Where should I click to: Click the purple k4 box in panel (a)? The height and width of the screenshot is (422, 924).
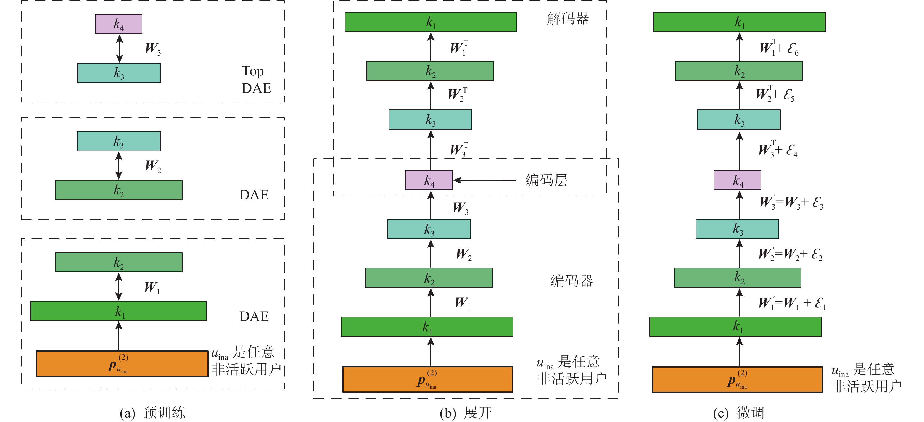(x=118, y=24)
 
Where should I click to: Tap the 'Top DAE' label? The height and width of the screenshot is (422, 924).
(x=256, y=80)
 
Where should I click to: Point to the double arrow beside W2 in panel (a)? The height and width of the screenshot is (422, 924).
(x=119, y=165)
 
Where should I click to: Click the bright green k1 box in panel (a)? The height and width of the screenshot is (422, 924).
(x=118, y=311)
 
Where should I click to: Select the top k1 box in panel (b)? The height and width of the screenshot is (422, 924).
(x=431, y=22)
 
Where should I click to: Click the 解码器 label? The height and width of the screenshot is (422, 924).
(x=568, y=19)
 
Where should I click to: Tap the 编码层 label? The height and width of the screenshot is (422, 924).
(x=546, y=180)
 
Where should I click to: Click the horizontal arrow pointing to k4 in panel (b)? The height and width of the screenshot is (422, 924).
(x=484, y=180)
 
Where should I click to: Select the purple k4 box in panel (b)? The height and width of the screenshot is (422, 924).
(x=429, y=180)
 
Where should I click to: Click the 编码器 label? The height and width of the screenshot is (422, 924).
(x=571, y=281)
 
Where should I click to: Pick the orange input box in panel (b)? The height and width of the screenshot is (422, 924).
(x=427, y=379)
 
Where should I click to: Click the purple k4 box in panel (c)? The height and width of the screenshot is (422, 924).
(x=737, y=180)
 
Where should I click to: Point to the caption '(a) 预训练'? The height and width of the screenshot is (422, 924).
(x=152, y=413)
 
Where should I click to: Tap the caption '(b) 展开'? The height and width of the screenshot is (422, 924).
(x=466, y=413)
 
